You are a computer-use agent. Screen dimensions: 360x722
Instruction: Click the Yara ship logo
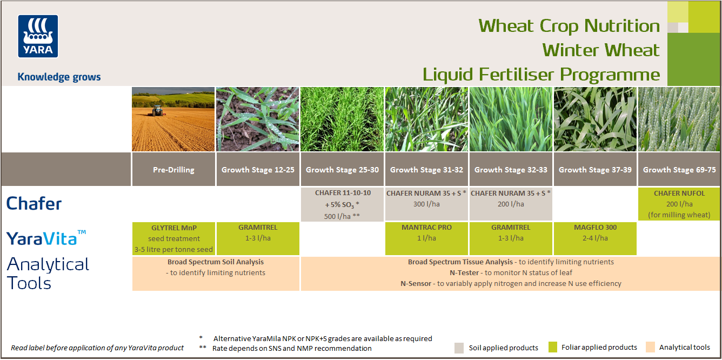(x=38, y=36)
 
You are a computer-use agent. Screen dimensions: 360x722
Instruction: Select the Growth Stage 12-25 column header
(x=258, y=170)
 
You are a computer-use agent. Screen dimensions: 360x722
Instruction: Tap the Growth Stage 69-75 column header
(x=679, y=170)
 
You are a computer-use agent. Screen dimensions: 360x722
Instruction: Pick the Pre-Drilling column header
(x=173, y=170)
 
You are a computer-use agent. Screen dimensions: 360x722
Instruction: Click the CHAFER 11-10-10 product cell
(x=343, y=204)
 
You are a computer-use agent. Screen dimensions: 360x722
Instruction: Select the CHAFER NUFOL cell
(x=679, y=204)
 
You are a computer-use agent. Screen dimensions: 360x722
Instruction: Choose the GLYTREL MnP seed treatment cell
(x=173, y=238)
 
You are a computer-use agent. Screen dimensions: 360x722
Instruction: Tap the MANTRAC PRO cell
(x=426, y=238)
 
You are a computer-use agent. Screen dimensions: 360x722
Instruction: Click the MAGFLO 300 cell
(x=595, y=238)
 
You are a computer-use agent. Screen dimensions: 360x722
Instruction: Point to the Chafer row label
(x=34, y=204)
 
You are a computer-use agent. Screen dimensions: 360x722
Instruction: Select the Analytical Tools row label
(x=48, y=274)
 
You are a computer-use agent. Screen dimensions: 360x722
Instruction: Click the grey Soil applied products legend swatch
(x=460, y=348)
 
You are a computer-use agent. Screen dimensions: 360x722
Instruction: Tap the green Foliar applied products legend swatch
(x=552, y=347)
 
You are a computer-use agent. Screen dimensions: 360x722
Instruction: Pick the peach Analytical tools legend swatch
(x=650, y=347)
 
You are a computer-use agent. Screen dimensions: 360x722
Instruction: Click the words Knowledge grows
(x=59, y=77)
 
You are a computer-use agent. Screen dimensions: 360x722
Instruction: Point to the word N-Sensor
(x=416, y=283)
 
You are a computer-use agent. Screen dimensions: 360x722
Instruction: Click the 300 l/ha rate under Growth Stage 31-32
(x=426, y=204)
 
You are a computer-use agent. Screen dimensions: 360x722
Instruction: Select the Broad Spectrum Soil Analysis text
(x=216, y=262)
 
